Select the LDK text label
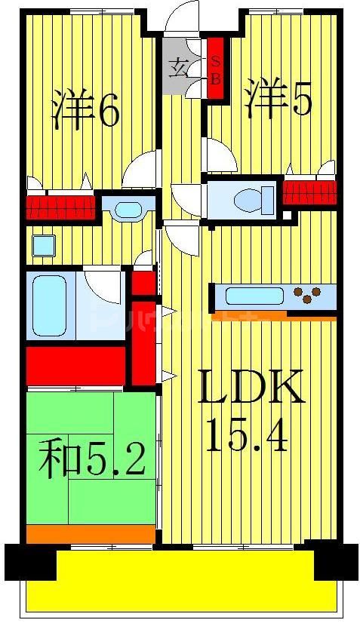tap(251, 388)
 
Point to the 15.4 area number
tap(247, 436)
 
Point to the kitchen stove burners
tap(312, 295)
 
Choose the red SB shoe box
tap(215, 69)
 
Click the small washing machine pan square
tap(43, 245)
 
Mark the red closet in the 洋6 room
tap(60, 206)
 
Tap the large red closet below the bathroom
tap(75, 365)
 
